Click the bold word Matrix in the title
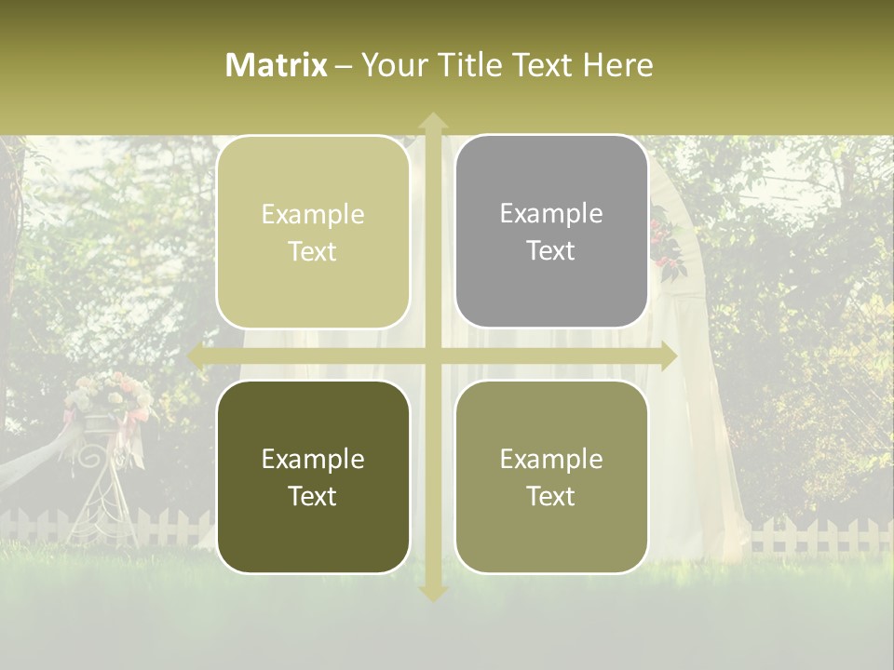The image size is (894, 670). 277,65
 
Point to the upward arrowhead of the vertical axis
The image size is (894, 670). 432,121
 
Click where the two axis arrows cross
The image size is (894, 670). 432,355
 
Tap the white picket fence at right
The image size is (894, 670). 819,536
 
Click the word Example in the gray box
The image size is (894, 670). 551,213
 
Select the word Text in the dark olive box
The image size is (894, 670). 313,496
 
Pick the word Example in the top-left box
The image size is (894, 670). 313,214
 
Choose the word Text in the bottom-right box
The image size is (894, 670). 551,496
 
